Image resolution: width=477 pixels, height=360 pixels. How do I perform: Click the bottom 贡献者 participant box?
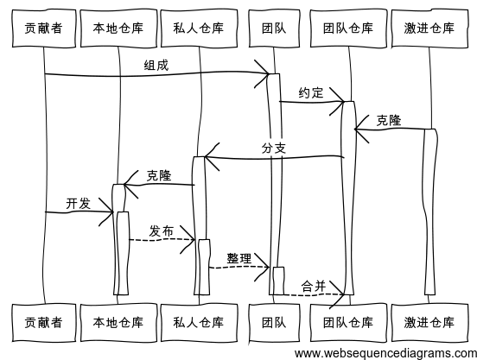point(43,322)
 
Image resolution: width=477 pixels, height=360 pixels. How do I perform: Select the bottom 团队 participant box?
point(270,322)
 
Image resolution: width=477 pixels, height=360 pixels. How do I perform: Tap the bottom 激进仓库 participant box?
point(429,322)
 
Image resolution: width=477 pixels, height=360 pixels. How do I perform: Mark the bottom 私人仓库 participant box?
point(198,322)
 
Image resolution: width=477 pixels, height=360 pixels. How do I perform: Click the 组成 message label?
point(156,65)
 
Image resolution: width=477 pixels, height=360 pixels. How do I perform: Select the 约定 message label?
point(311,92)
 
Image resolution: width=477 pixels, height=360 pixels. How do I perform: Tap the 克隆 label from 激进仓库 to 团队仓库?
point(388,120)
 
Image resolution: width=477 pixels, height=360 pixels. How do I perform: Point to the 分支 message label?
point(273,148)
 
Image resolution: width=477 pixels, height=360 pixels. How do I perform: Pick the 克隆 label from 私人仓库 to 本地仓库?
point(159,175)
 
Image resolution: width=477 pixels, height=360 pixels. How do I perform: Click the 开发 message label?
point(78,203)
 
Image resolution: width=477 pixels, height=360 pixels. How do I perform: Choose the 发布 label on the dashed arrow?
point(161,231)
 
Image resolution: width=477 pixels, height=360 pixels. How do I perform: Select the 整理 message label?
point(238,258)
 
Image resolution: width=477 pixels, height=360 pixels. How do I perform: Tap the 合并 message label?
point(313,286)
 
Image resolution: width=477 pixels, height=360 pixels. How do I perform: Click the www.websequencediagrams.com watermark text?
point(385,352)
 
